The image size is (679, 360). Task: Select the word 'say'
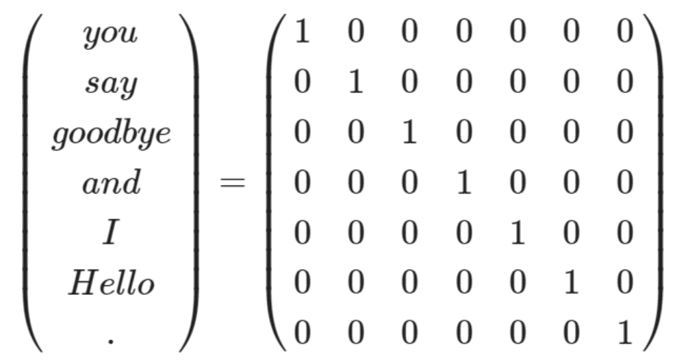pyautogui.click(x=111, y=85)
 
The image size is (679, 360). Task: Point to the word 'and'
pyautogui.click(x=111, y=183)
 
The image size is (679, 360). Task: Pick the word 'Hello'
pyautogui.click(x=111, y=283)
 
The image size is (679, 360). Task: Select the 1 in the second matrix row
pyautogui.click(x=354, y=84)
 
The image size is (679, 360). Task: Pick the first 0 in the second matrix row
pyautogui.click(x=299, y=84)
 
